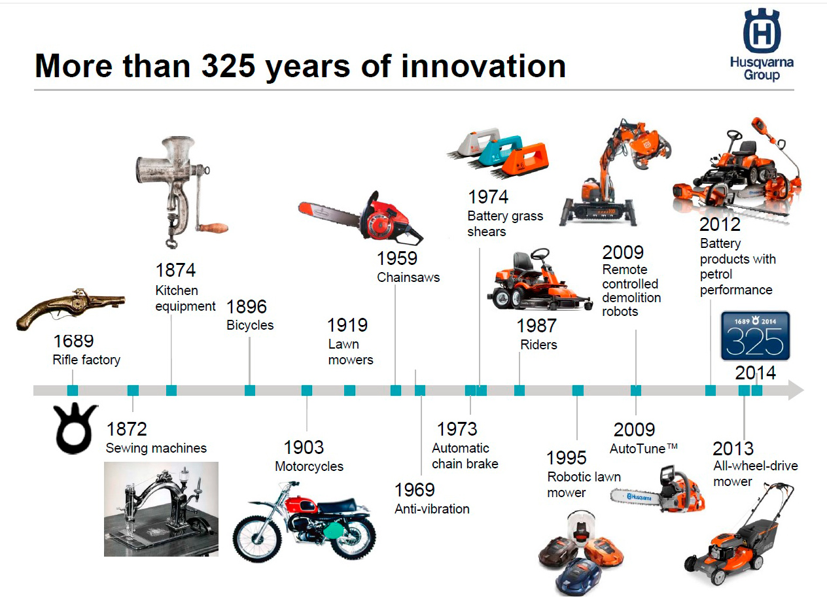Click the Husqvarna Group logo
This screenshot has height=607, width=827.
coord(762,45)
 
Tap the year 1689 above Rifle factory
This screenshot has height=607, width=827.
coord(73,341)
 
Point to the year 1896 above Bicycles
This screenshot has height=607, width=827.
coord(247,307)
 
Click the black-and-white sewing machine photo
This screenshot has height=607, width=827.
coord(161,509)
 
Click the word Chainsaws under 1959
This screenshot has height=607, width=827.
coord(408,277)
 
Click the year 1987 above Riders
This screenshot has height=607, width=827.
coord(537,325)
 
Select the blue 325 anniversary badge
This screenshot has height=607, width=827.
coord(755,336)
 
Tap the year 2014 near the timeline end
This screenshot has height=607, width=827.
coord(755,373)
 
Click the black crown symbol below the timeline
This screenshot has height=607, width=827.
coord(75,429)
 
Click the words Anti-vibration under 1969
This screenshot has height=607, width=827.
coord(432,509)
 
